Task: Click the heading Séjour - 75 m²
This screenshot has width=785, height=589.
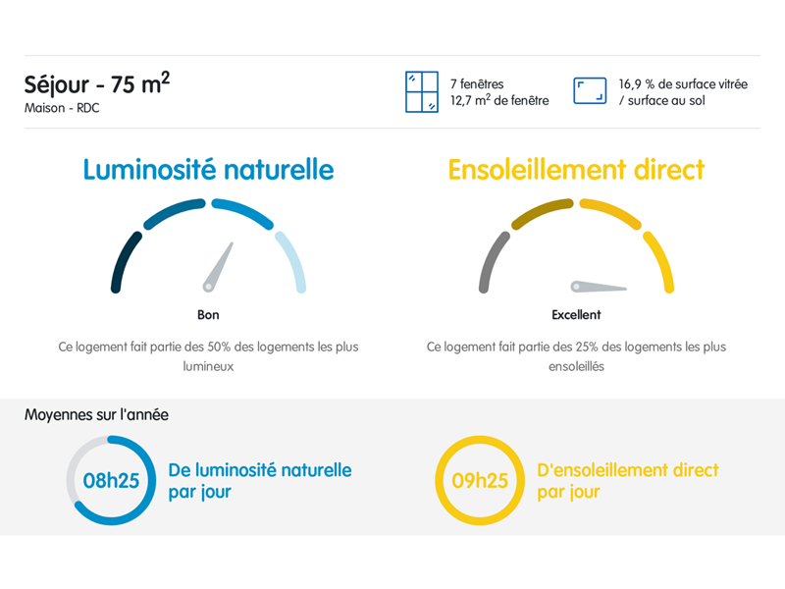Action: [x=97, y=83]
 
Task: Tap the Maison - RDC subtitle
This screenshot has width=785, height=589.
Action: [x=62, y=108]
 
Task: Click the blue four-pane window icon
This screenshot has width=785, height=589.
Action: [x=422, y=91]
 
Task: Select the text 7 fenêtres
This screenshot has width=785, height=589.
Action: [x=477, y=83]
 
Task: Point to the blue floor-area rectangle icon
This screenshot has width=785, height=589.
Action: [x=590, y=90]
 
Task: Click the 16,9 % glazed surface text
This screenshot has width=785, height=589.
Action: [x=683, y=92]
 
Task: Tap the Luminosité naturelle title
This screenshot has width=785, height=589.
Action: [x=208, y=169]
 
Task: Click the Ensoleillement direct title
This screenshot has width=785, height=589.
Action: [x=576, y=169]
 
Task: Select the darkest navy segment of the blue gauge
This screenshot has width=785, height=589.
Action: [x=124, y=260]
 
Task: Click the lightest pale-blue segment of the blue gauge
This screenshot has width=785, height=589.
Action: [x=293, y=260]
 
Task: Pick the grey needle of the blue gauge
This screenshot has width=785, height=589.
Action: [x=218, y=266]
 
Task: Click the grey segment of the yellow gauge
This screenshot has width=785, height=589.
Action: [x=492, y=260]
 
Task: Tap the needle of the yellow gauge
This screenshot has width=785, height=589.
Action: [x=599, y=287]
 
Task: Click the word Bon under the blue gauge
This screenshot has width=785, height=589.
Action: [x=208, y=314]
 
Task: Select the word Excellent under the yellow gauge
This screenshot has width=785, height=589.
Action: [x=576, y=314]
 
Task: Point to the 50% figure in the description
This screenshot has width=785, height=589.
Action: [x=219, y=347]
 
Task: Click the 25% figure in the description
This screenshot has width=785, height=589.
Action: [x=587, y=347]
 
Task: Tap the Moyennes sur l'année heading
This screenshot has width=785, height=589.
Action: [x=96, y=414]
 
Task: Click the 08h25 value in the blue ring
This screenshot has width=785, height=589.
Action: [x=111, y=481]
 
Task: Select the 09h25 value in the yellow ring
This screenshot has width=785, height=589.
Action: [x=480, y=481]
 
